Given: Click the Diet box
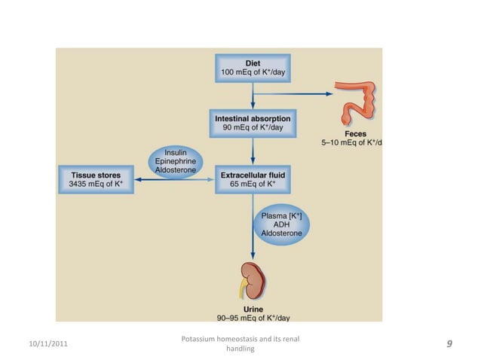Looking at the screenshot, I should click(253, 67).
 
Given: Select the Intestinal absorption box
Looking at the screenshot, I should click(253, 123).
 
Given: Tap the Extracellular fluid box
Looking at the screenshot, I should click(253, 178).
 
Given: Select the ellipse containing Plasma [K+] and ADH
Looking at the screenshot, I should click(281, 224).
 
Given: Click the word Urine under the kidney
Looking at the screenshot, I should click(253, 309).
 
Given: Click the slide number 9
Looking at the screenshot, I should click(449, 344).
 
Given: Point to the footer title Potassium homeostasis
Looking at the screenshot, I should click(241, 340).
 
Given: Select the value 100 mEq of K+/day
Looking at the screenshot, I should click(253, 72).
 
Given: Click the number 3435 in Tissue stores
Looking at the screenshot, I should click(70, 184).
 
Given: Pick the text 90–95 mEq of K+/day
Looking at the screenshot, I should click(253, 318).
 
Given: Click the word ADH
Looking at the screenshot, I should click(281, 224).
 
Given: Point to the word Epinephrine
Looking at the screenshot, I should click(174, 161).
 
